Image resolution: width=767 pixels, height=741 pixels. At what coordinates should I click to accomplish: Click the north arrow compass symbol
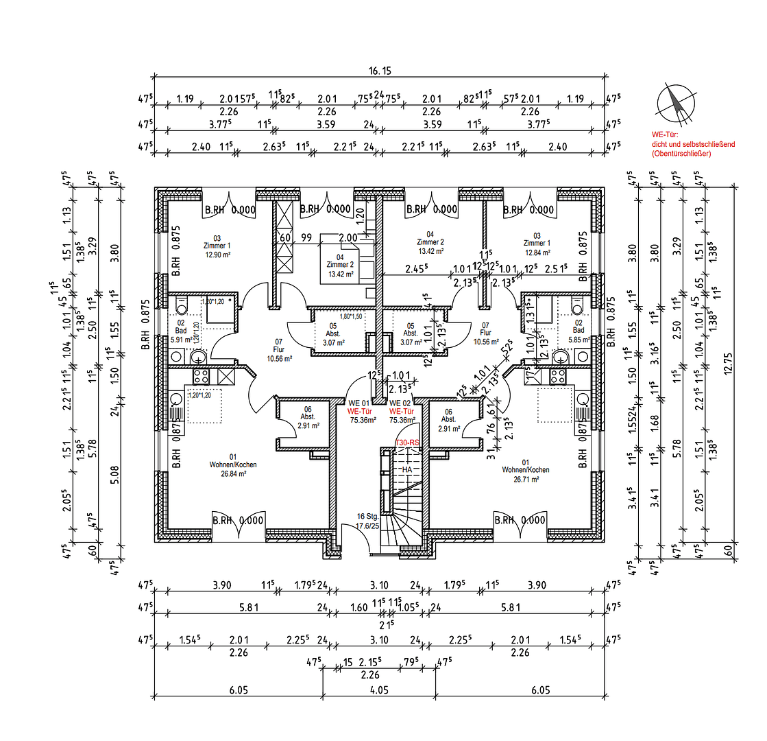(x=674, y=102)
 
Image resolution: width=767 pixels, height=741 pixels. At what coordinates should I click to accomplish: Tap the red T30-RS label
(x=407, y=444)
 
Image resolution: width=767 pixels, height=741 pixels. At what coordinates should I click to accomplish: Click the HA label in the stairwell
(x=407, y=469)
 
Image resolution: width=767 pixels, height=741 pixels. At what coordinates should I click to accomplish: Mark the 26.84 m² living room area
(x=233, y=473)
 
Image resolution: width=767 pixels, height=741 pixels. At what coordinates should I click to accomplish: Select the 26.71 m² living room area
(x=525, y=479)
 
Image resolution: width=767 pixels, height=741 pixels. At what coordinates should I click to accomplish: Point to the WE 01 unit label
(x=359, y=403)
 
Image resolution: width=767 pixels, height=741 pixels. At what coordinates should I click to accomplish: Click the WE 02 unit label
(x=400, y=403)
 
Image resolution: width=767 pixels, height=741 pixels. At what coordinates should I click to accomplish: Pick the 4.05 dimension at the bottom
(x=379, y=690)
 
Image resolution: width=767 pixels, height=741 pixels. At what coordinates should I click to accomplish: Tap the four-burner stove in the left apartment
(x=202, y=376)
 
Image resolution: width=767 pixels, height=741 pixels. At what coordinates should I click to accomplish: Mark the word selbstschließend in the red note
(x=707, y=145)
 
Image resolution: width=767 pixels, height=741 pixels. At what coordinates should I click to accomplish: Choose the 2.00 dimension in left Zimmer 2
(x=348, y=237)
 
